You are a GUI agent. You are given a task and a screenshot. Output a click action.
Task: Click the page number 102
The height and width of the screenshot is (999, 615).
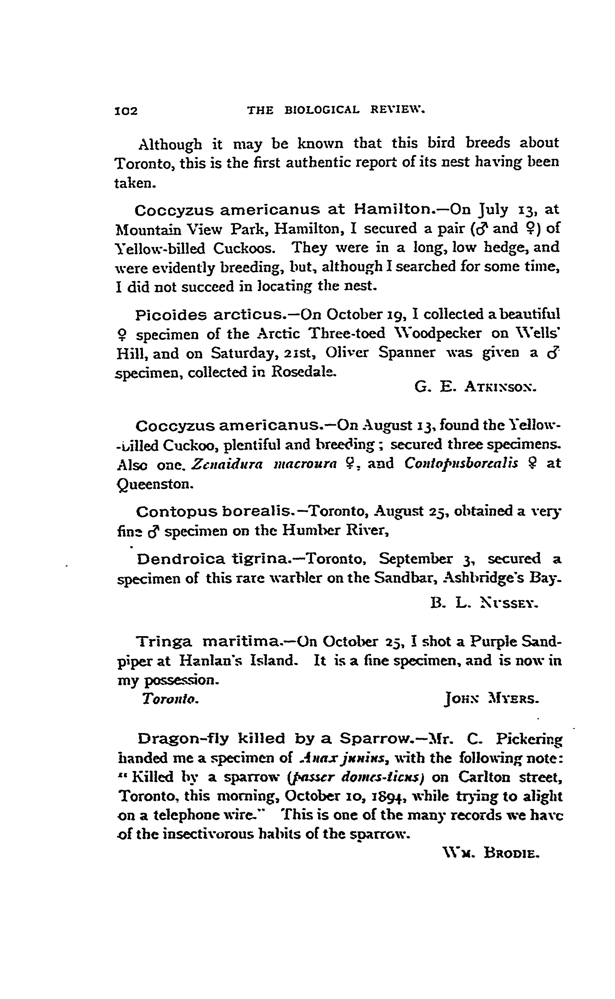point(127,111)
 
